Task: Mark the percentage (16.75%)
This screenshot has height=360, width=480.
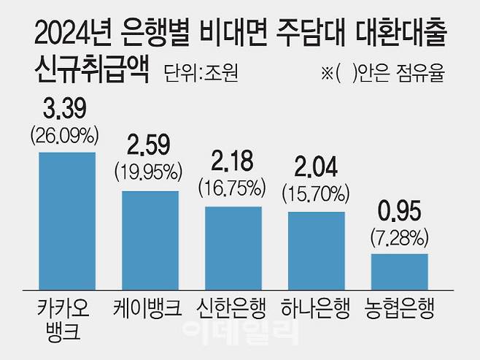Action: point(233,188)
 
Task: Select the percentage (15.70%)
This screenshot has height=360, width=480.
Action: point(316,194)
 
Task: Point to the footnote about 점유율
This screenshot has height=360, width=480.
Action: point(382,74)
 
